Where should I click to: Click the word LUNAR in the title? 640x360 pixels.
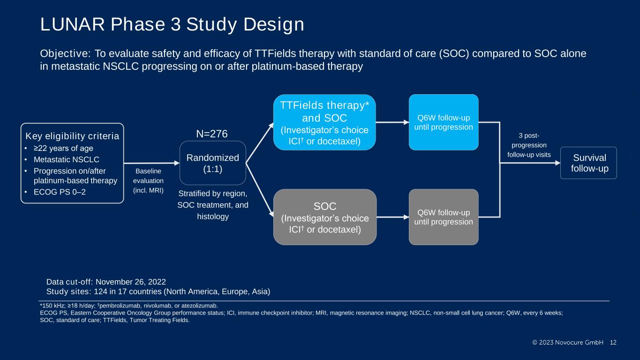click(72, 24)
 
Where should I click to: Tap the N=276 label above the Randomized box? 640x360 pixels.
click(212, 134)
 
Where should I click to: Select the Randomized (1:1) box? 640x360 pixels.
click(212, 163)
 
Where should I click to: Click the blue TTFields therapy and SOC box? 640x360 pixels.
click(324, 122)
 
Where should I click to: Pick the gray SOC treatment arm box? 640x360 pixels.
click(325, 217)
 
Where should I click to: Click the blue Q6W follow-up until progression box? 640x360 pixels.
click(444, 122)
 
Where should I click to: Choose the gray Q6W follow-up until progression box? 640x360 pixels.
click(444, 217)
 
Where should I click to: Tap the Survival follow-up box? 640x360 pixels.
click(588, 163)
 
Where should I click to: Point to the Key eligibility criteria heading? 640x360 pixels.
click(72, 136)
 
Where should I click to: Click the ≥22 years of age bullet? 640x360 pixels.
click(63, 148)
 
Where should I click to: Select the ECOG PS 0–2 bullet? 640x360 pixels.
click(60, 192)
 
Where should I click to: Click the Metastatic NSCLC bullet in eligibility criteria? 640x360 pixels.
click(67, 159)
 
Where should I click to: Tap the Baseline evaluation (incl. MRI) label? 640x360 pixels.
click(148, 180)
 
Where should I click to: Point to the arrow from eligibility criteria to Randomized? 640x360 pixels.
click(152, 163)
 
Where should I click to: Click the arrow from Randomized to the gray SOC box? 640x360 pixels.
click(260, 190)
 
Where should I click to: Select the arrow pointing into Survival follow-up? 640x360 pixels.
click(530, 163)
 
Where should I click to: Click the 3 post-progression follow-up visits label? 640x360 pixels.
click(529, 145)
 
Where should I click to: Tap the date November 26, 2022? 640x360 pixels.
click(130, 282)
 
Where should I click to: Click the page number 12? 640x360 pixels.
click(613, 342)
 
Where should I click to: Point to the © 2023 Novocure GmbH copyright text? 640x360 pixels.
click(568, 342)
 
